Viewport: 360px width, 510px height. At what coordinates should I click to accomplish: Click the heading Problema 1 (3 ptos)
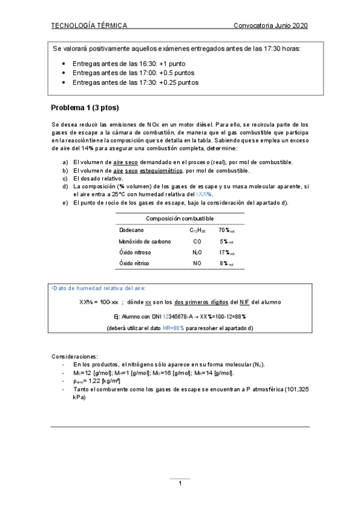[x=85, y=108]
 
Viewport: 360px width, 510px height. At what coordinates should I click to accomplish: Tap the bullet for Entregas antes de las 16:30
[x=64, y=63]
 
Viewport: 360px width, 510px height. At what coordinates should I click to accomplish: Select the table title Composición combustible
[x=180, y=218]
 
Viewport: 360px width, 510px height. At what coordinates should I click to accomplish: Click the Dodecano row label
[x=132, y=230]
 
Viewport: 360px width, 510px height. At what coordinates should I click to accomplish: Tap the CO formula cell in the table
[x=197, y=241]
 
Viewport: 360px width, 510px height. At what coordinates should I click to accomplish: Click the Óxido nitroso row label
[x=135, y=253]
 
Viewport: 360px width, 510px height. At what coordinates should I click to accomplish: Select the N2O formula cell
[x=197, y=253]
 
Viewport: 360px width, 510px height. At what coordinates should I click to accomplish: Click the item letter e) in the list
[x=66, y=203]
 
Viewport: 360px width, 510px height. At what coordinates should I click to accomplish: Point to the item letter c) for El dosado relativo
[x=66, y=179]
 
